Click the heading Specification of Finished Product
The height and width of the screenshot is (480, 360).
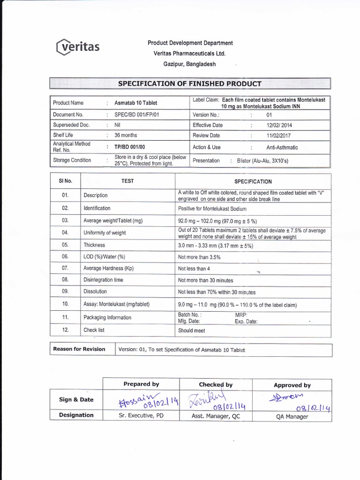(190, 84)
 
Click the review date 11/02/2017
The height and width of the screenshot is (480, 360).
(280, 135)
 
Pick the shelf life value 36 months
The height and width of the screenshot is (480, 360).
(126, 135)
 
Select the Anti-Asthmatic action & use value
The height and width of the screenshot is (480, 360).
(282, 147)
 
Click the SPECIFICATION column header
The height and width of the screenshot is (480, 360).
(253, 181)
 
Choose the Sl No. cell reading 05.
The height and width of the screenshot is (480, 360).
(65, 245)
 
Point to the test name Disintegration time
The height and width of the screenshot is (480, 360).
(103, 280)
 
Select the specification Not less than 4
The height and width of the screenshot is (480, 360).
(194, 269)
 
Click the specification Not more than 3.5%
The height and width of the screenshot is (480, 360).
(199, 257)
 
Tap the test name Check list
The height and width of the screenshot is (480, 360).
(94, 330)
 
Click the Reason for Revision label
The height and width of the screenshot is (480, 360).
(79, 349)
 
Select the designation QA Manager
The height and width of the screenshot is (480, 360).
(292, 416)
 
